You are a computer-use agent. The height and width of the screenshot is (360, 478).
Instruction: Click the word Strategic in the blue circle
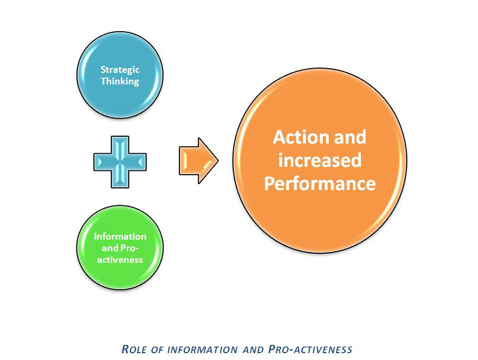[x=120, y=70]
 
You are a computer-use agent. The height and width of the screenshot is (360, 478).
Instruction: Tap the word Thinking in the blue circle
[x=120, y=81]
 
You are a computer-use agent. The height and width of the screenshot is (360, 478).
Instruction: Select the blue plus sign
[x=120, y=162]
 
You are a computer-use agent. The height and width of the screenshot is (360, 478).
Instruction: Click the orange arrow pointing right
[x=199, y=161]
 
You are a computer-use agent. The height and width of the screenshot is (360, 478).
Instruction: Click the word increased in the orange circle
[x=320, y=160]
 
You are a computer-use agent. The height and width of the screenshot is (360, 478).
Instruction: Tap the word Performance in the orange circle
[x=320, y=184]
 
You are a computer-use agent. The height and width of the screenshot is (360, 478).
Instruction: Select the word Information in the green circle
[x=120, y=236]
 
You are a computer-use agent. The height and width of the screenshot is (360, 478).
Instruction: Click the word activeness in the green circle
[x=120, y=260]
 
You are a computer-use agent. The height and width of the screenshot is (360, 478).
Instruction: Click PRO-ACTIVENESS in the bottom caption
[x=310, y=349]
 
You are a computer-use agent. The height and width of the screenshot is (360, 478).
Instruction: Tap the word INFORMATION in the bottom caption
[x=203, y=349]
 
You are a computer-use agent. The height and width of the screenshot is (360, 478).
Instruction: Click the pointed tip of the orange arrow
[x=218, y=161]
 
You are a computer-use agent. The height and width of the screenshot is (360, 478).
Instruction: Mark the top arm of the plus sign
[x=120, y=145]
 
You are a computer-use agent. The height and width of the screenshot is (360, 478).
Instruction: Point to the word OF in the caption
[x=157, y=349]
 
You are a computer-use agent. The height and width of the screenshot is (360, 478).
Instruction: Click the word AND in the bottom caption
[x=253, y=349]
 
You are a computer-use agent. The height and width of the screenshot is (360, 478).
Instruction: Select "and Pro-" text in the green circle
[x=120, y=248]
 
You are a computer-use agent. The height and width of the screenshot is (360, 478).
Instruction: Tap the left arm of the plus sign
[x=102, y=162]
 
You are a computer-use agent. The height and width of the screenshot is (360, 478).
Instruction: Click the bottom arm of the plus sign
[x=120, y=179]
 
